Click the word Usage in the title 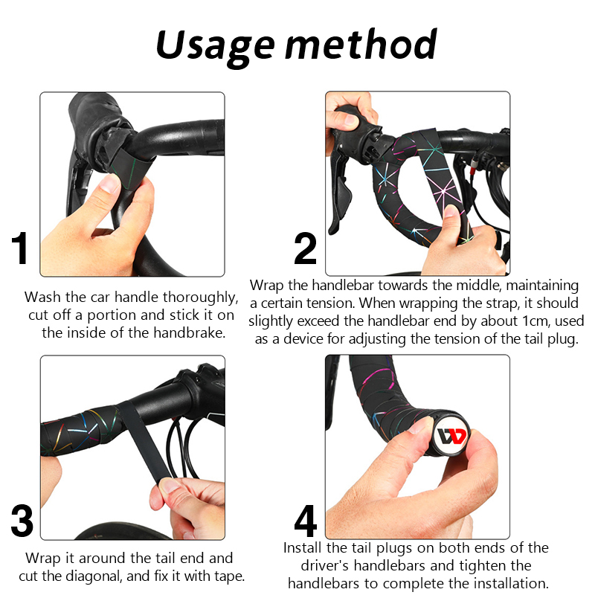click(x=215, y=48)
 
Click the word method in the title click(x=361, y=44)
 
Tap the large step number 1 click(x=21, y=248)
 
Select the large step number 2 click(x=305, y=248)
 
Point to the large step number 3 click(x=22, y=521)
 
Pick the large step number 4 click(x=306, y=521)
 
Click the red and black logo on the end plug click(x=451, y=437)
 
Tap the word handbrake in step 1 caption click(x=189, y=332)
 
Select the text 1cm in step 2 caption click(x=536, y=321)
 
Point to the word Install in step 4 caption click(x=303, y=547)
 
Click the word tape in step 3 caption click(x=230, y=577)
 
